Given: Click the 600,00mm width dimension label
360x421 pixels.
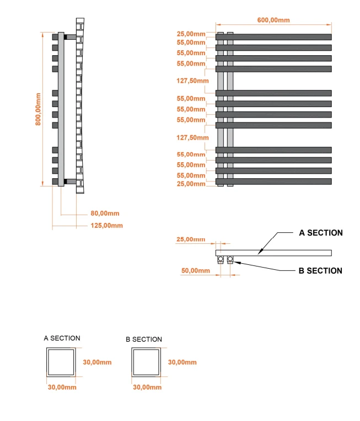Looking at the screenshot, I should [x=273, y=20].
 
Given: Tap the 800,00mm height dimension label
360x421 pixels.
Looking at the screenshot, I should [x=39, y=109].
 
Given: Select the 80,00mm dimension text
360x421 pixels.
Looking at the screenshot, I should [x=105, y=214].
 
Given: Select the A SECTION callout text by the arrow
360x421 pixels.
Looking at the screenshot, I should [x=320, y=233].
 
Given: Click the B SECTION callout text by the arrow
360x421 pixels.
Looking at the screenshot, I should [x=320, y=270].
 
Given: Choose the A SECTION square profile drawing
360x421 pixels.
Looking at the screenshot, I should [x=62, y=363].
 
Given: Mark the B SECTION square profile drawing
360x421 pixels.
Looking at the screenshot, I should [x=147, y=363].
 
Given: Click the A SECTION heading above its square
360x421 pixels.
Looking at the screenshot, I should [x=62, y=338].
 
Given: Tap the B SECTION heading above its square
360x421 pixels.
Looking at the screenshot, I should [x=144, y=339].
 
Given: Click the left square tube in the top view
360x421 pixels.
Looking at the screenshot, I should [x=221, y=259].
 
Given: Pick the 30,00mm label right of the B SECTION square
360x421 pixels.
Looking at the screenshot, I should [x=182, y=362].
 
